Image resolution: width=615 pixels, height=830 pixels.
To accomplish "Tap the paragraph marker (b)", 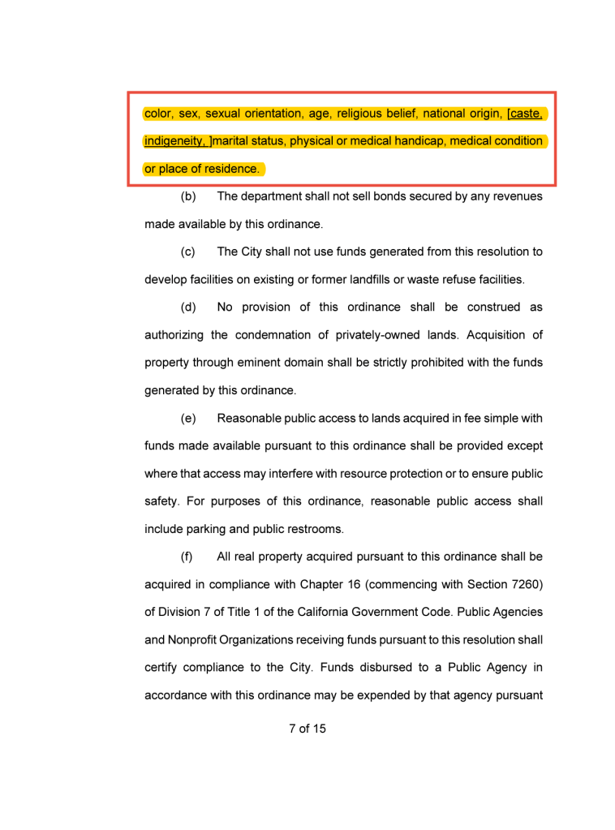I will [x=188, y=196].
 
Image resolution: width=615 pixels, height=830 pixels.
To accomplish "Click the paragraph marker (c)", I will [x=188, y=252].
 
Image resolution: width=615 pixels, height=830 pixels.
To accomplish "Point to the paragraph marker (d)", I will [x=188, y=307].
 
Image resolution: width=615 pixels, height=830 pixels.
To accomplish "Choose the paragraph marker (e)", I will [x=188, y=419].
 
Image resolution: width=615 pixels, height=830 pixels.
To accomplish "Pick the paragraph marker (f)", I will [x=187, y=557].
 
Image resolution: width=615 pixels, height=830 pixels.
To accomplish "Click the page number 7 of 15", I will [x=307, y=729].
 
